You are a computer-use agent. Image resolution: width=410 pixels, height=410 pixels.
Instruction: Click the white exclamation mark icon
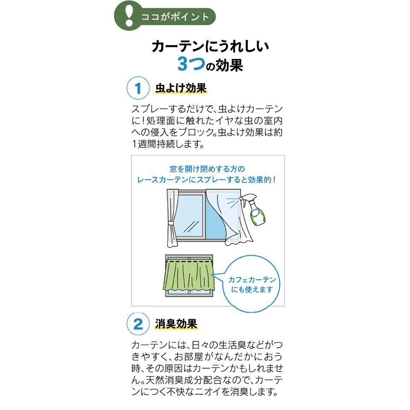(x=129, y=15)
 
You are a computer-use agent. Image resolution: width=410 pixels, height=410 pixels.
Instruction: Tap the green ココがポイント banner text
(x=175, y=17)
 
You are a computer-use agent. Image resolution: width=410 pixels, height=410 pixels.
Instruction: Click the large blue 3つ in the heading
(x=191, y=64)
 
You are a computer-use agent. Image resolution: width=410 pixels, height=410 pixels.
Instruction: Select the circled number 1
(x=138, y=88)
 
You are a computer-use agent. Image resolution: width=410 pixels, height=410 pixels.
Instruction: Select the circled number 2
(x=138, y=324)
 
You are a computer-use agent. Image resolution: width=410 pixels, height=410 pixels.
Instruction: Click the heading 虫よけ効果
(x=181, y=88)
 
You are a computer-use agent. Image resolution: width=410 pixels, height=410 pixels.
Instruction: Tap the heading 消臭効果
(x=176, y=324)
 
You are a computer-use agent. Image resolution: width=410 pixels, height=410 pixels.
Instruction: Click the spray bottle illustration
(x=253, y=209)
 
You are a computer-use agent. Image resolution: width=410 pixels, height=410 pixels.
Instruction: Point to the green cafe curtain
(x=188, y=274)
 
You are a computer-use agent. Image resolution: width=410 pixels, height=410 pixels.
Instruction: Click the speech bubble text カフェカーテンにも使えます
(x=252, y=284)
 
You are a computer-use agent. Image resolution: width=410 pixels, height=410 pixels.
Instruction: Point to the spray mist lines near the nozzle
(x=232, y=203)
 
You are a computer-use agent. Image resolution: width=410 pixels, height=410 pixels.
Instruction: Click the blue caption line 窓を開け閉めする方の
(x=207, y=169)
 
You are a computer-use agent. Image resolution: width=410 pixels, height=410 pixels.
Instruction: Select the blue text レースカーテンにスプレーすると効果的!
(x=206, y=180)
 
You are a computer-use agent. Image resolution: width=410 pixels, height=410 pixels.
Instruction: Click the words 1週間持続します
(x=168, y=144)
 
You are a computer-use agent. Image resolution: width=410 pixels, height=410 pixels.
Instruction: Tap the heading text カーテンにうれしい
(x=210, y=46)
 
